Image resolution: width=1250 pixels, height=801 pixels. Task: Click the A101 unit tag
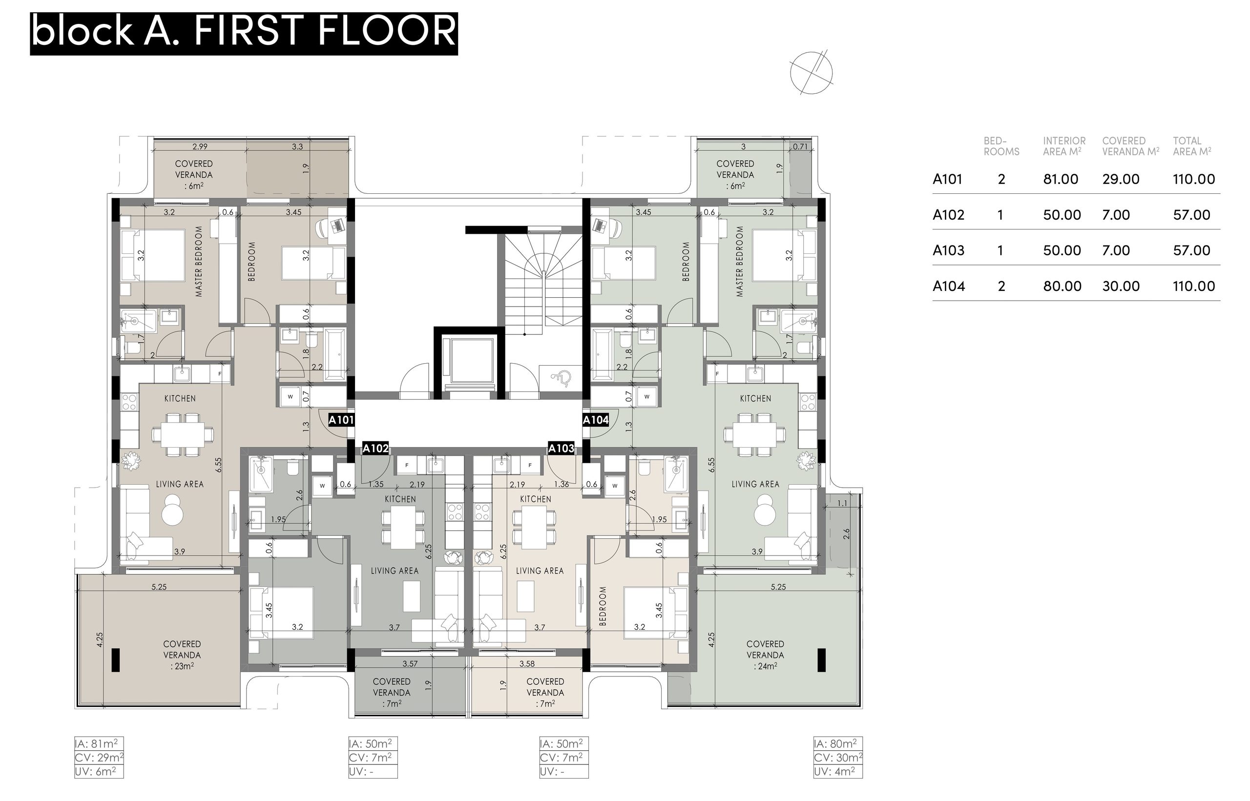pyautogui.click(x=341, y=420)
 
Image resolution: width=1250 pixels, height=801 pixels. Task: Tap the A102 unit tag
pyautogui.click(x=375, y=449)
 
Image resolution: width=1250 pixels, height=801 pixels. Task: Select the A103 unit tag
pyautogui.click(x=561, y=449)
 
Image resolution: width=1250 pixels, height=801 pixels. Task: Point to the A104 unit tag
pyautogui.click(x=596, y=420)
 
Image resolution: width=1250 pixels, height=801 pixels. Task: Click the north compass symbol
pyautogui.click(x=811, y=73)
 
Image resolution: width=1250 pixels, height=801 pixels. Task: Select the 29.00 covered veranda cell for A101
pyautogui.click(x=1121, y=180)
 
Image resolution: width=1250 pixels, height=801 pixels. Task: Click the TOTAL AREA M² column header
pyautogui.click(x=1192, y=146)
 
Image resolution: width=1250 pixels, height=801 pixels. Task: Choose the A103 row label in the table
pyautogui.click(x=948, y=251)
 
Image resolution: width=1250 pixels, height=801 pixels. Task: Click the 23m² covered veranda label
pyautogui.click(x=182, y=666)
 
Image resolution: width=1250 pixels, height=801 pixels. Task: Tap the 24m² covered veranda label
pyautogui.click(x=765, y=666)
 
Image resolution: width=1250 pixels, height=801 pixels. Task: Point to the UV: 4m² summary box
pyautogui.click(x=838, y=771)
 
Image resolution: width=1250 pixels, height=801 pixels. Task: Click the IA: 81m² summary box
pyautogui.click(x=99, y=744)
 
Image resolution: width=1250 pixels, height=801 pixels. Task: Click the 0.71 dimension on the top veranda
pyautogui.click(x=800, y=146)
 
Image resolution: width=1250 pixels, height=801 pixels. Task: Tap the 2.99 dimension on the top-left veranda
pyautogui.click(x=200, y=146)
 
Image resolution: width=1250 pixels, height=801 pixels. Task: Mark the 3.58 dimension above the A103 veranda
pyautogui.click(x=527, y=664)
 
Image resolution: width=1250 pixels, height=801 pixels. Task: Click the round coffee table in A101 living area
pyautogui.click(x=172, y=510)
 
